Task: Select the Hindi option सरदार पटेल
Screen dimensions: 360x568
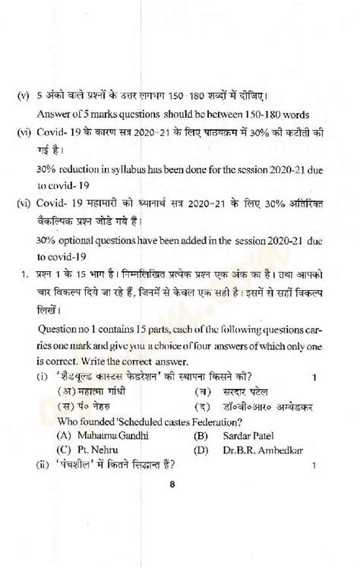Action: [245, 392]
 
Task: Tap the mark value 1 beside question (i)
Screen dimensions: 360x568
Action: [313, 377]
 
